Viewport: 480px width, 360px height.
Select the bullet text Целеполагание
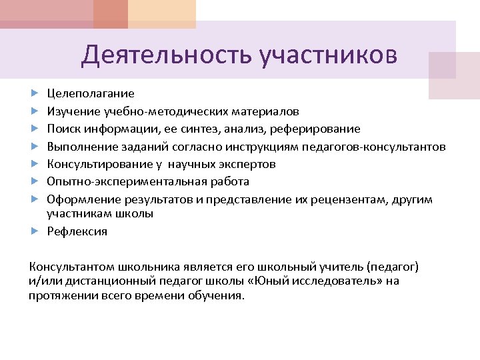click(90, 93)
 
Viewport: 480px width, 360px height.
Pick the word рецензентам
click(345, 199)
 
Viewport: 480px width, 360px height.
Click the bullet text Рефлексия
click(77, 231)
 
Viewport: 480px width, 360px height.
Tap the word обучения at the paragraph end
click(221, 295)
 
